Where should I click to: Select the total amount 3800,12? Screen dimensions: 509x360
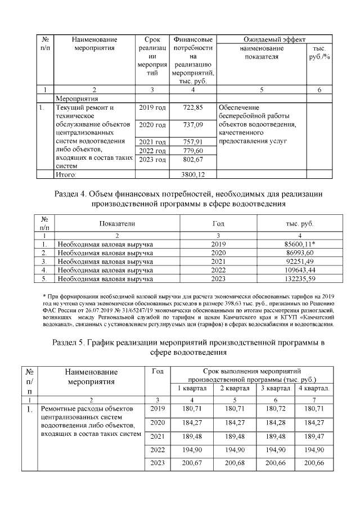(x=193, y=175)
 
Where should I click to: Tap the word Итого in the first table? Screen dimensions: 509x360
(x=65, y=175)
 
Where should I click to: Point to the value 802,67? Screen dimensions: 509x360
(x=193, y=160)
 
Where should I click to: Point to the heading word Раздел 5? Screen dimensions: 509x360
(x=69, y=342)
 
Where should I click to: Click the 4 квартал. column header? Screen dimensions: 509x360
(x=314, y=389)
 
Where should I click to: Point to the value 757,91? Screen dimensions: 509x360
(x=193, y=142)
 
